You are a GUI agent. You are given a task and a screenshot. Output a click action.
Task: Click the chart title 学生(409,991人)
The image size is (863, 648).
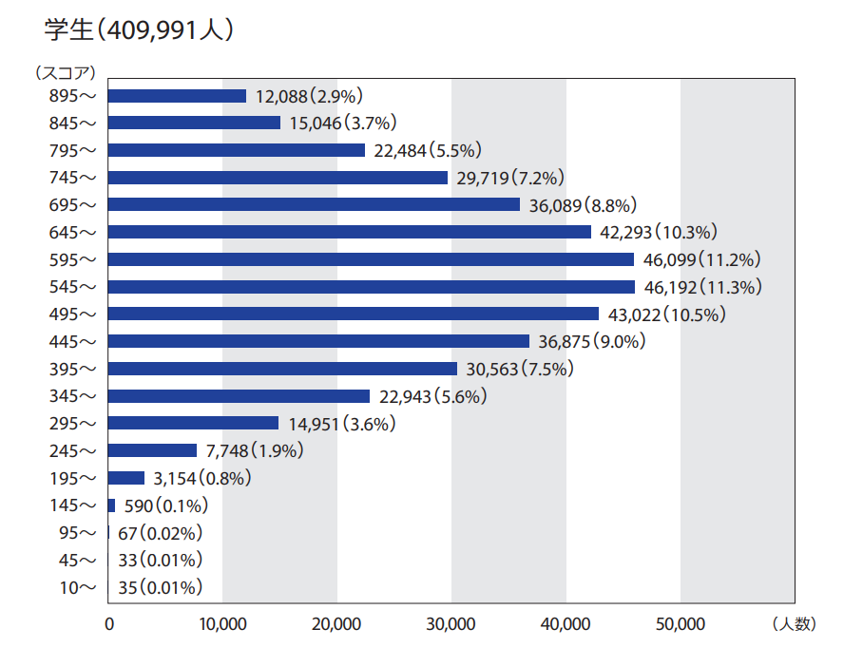139,29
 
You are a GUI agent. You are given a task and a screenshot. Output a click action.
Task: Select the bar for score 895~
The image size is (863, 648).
177,96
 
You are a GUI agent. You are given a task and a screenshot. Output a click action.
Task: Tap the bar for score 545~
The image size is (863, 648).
372,287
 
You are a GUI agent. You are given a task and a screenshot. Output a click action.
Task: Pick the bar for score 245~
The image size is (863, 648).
153,451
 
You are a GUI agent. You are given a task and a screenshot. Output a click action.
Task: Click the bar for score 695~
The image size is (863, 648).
315,205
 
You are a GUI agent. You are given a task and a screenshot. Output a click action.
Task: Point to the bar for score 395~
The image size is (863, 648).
283,369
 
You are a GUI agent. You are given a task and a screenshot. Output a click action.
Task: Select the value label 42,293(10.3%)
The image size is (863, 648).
658,232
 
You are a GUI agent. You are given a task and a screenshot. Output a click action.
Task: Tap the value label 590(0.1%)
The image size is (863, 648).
166,505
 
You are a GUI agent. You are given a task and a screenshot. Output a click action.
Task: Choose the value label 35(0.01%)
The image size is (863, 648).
161,588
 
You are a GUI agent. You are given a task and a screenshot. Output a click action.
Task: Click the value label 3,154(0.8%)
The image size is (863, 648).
201,479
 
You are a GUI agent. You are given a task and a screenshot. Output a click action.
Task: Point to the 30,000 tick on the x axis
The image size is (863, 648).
451,624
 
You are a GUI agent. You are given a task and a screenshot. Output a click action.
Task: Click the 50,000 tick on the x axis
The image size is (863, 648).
681,624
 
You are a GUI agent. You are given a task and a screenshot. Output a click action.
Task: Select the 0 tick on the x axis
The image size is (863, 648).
109,624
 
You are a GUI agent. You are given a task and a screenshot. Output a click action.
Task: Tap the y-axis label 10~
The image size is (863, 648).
78,588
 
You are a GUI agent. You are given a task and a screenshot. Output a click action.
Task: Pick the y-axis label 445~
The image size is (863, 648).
73,341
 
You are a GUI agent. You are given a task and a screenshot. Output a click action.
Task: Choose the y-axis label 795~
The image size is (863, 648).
73,150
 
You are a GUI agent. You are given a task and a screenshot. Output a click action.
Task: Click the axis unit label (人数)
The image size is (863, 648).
794,624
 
